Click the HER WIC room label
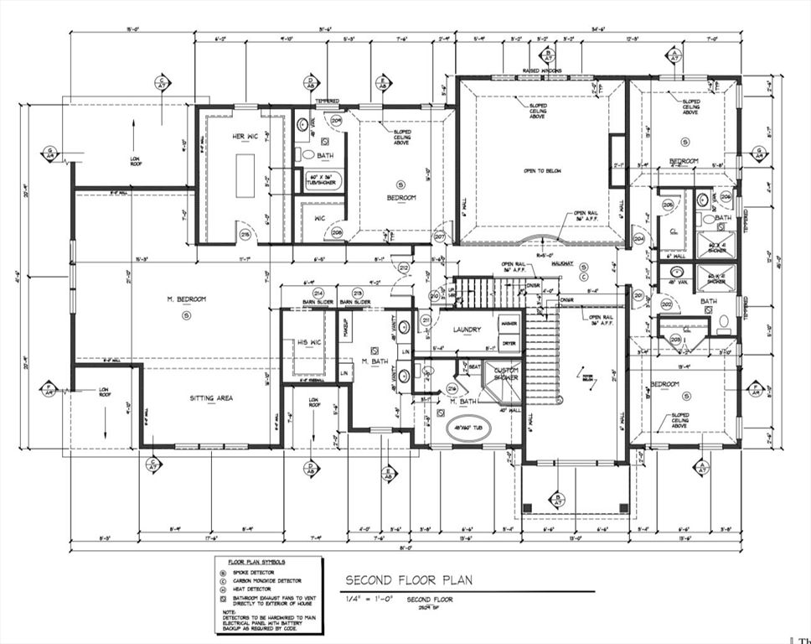click(225, 137)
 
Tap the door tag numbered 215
click(245, 235)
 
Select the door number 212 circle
click(404, 268)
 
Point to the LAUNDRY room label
click(467, 330)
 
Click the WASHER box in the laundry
click(509, 323)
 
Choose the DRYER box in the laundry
click(509, 343)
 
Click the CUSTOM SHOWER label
click(506, 374)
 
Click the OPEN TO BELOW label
click(542, 170)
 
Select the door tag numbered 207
click(440, 237)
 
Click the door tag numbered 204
click(639, 238)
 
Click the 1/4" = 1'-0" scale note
click(371, 600)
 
